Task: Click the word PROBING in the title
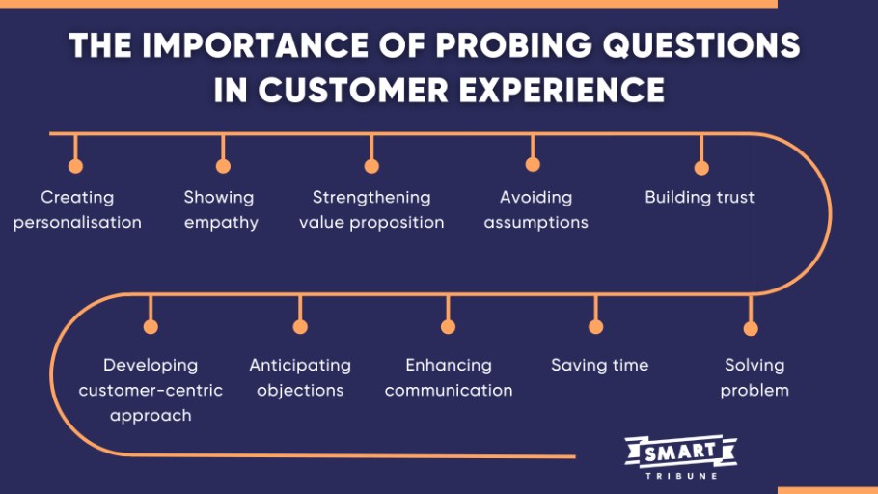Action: pyautogui.click(x=513, y=45)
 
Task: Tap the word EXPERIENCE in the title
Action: pyautogui.click(x=562, y=90)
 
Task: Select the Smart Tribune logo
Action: pyautogui.click(x=681, y=457)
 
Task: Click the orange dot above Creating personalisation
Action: pyautogui.click(x=75, y=166)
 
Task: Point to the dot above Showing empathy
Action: pyautogui.click(x=224, y=166)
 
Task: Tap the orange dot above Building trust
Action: pyautogui.click(x=701, y=168)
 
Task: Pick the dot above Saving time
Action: pyautogui.click(x=596, y=326)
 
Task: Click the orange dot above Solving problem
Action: pyautogui.click(x=751, y=328)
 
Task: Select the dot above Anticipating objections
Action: pyautogui.click(x=300, y=326)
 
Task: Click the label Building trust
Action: pyautogui.click(x=700, y=197)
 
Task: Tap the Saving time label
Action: pyautogui.click(x=600, y=365)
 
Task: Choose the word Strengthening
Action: pyautogui.click(x=371, y=198)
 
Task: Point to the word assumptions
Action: pyautogui.click(x=535, y=223)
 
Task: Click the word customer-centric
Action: pyautogui.click(x=151, y=390)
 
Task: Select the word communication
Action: pyautogui.click(x=449, y=390)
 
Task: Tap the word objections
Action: pyautogui.click(x=300, y=391)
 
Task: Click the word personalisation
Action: pyautogui.click(x=77, y=223)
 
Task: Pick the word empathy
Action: pyautogui.click(x=221, y=223)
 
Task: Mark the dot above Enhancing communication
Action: pyautogui.click(x=448, y=326)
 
